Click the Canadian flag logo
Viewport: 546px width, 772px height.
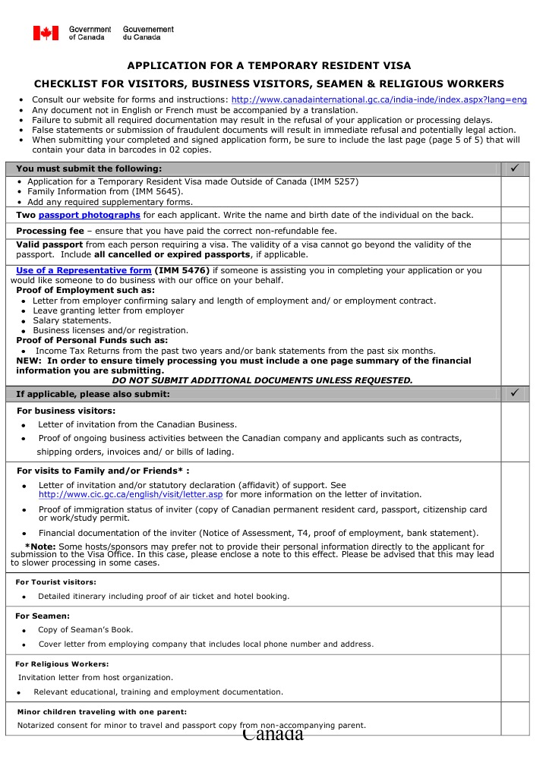(x=46, y=33)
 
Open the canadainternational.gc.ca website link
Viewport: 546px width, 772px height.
(x=379, y=100)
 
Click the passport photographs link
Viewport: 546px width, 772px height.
(x=89, y=215)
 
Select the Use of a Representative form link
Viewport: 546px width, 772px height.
(x=84, y=270)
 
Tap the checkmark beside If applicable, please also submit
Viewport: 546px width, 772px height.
(x=514, y=393)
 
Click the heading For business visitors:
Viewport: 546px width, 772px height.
(x=66, y=411)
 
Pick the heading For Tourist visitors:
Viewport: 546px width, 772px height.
(x=56, y=582)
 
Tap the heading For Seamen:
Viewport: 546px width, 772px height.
(x=43, y=616)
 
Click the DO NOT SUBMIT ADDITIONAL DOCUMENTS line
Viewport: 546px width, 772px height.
(x=262, y=380)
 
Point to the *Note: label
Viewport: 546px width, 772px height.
(x=40, y=547)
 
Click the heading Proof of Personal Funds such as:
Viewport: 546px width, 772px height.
(x=92, y=340)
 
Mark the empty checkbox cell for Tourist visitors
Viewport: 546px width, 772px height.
(x=514, y=589)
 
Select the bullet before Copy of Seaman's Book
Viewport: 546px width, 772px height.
(x=24, y=631)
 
